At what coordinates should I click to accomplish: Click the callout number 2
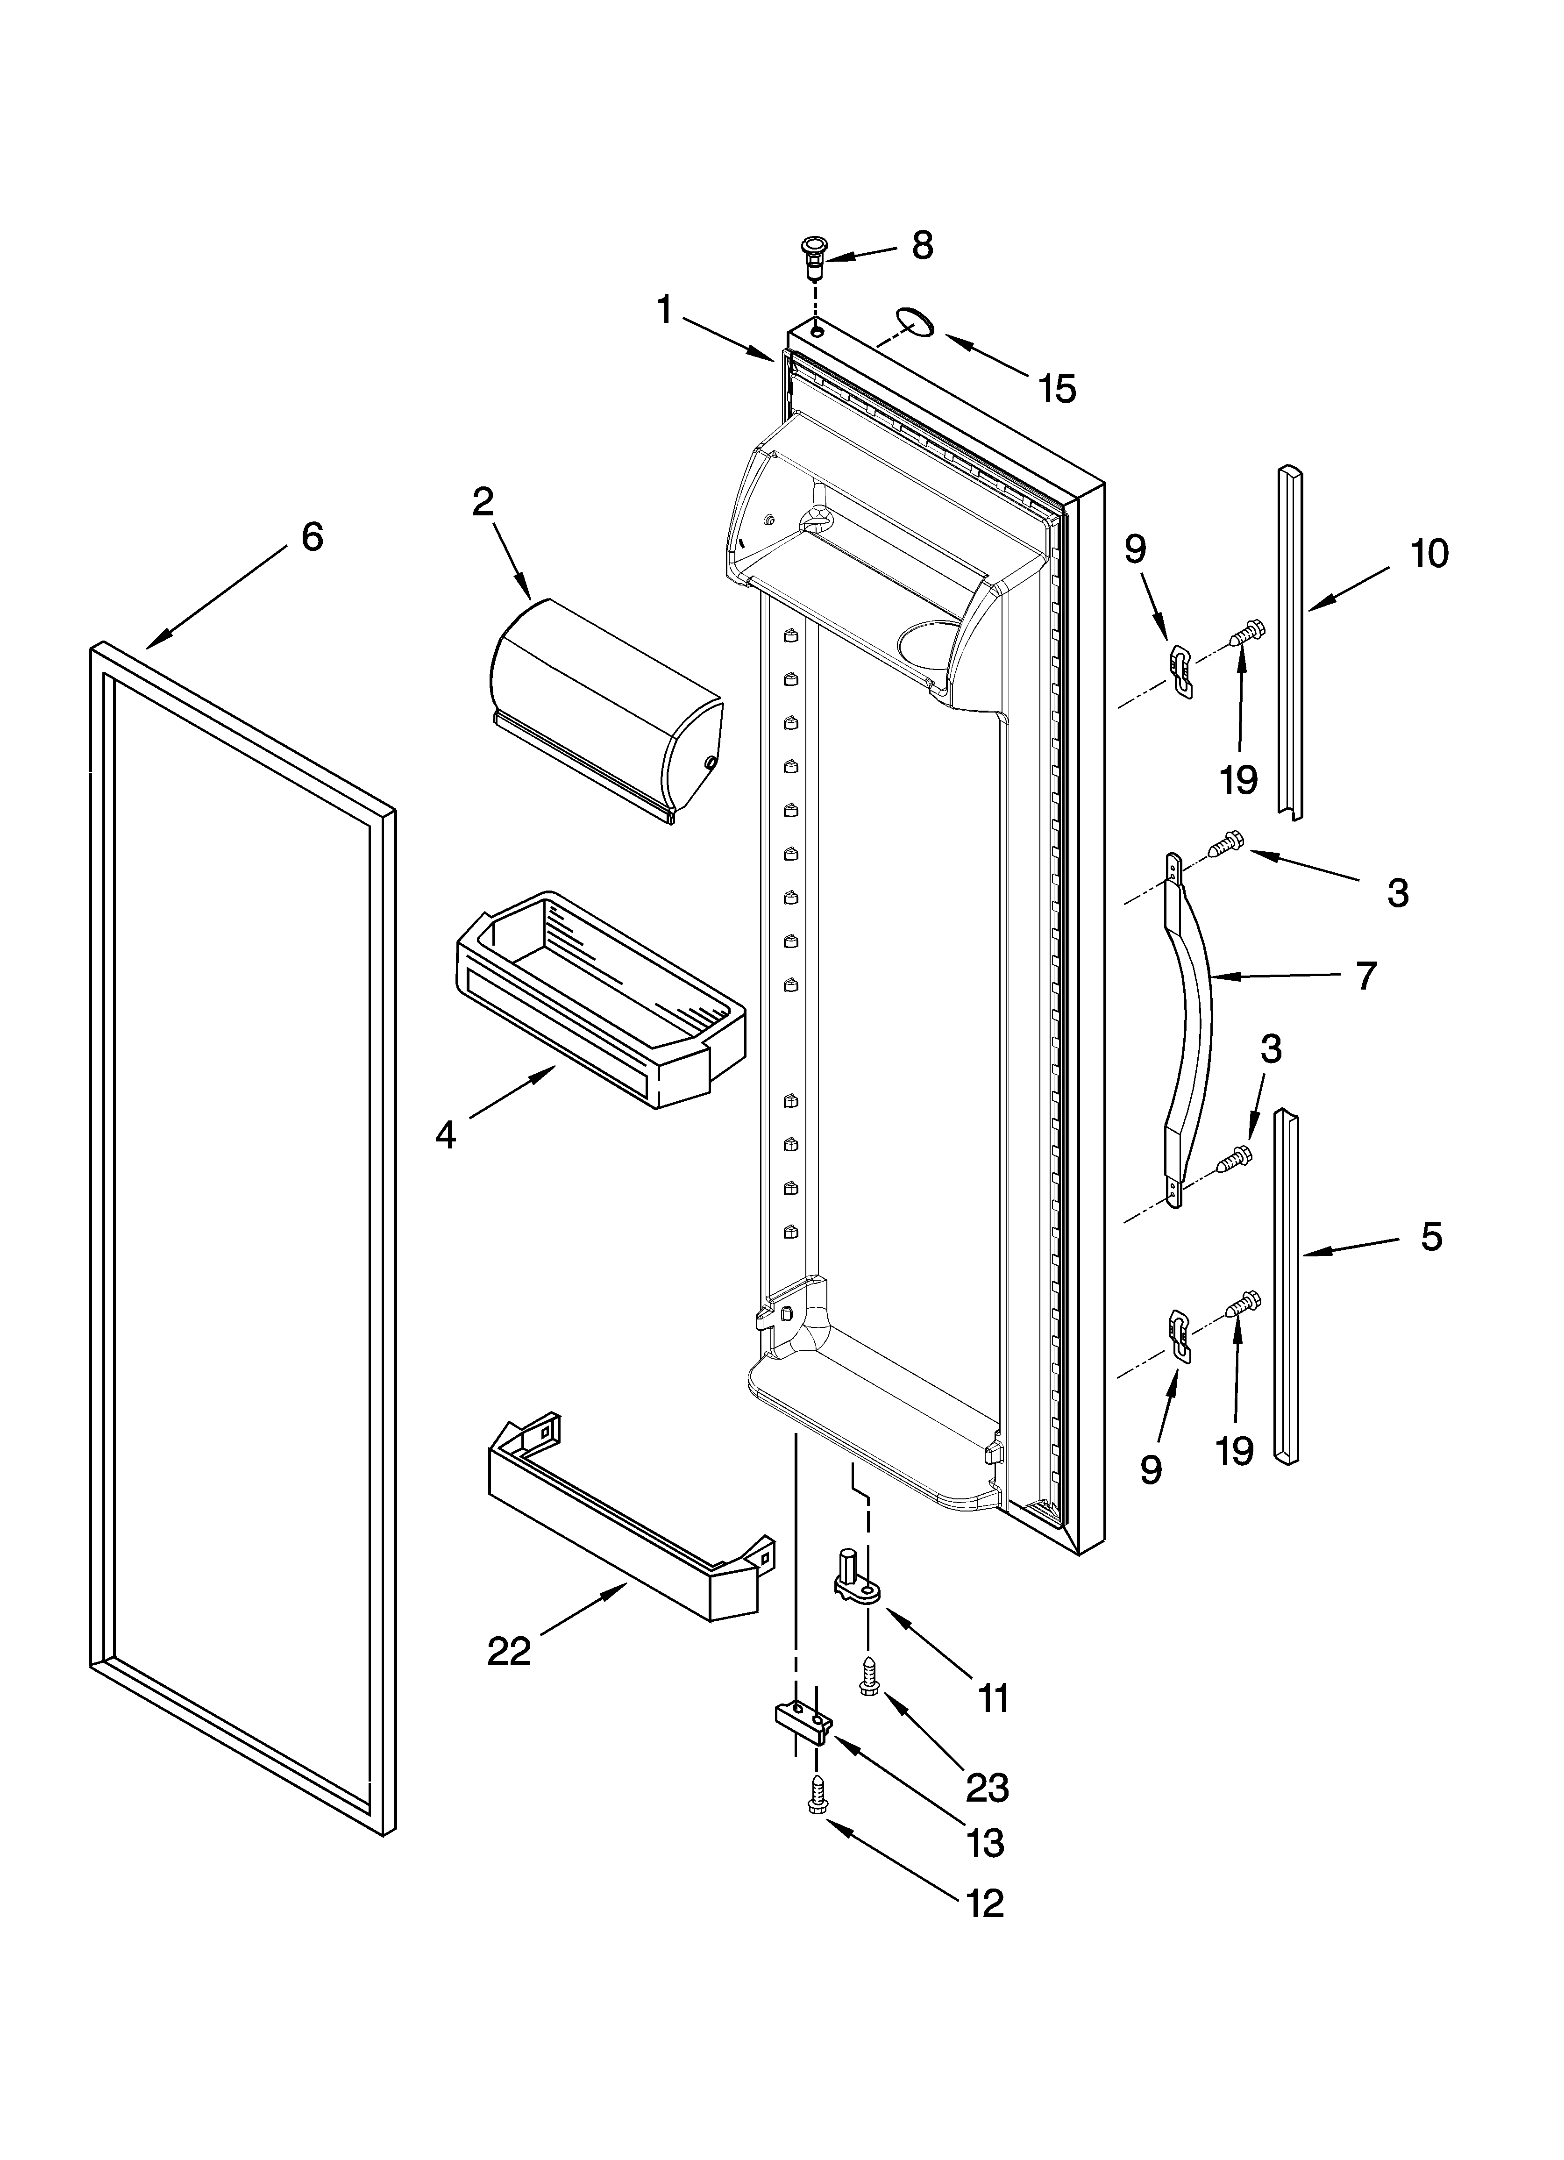(x=483, y=502)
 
